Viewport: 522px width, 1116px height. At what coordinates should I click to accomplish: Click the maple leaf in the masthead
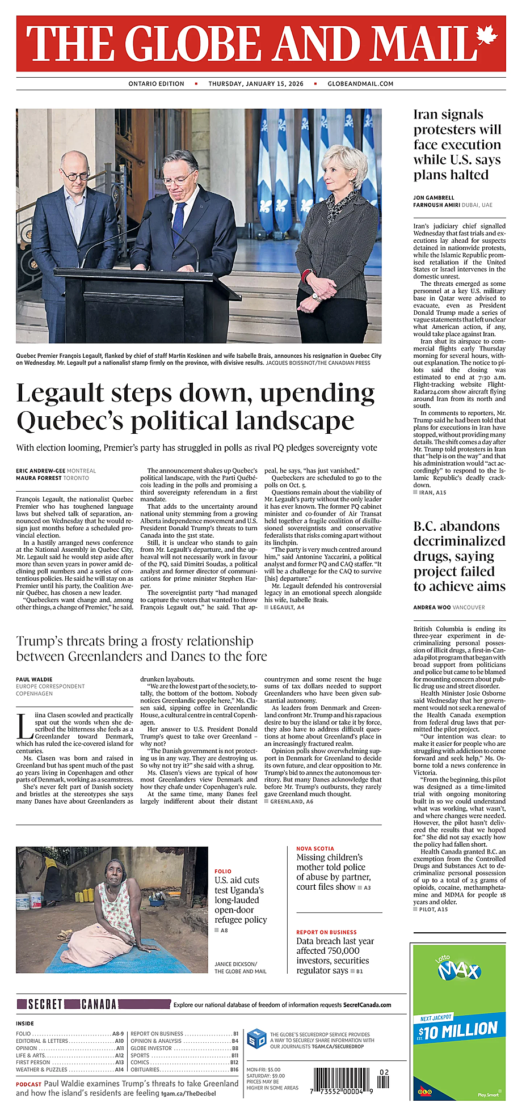point(486,37)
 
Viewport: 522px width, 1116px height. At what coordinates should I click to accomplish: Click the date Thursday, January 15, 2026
point(256,84)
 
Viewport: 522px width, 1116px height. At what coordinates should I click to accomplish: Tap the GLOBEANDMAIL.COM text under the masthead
point(360,84)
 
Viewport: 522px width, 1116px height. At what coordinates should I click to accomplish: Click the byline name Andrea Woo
point(432,607)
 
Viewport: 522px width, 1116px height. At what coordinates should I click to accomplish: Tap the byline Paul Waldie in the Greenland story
point(34,679)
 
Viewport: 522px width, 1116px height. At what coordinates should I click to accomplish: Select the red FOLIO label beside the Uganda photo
point(223,871)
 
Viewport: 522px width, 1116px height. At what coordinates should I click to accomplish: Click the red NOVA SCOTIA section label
point(315,848)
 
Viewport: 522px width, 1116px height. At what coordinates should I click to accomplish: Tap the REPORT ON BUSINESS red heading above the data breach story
point(326,932)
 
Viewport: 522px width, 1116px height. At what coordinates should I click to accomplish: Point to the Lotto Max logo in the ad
point(458,969)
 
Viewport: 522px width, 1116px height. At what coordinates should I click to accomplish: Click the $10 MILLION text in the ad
point(458,1030)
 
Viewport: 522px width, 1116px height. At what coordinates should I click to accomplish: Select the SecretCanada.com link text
point(367,1005)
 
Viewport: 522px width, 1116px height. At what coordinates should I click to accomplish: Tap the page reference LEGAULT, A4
point(287,607)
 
